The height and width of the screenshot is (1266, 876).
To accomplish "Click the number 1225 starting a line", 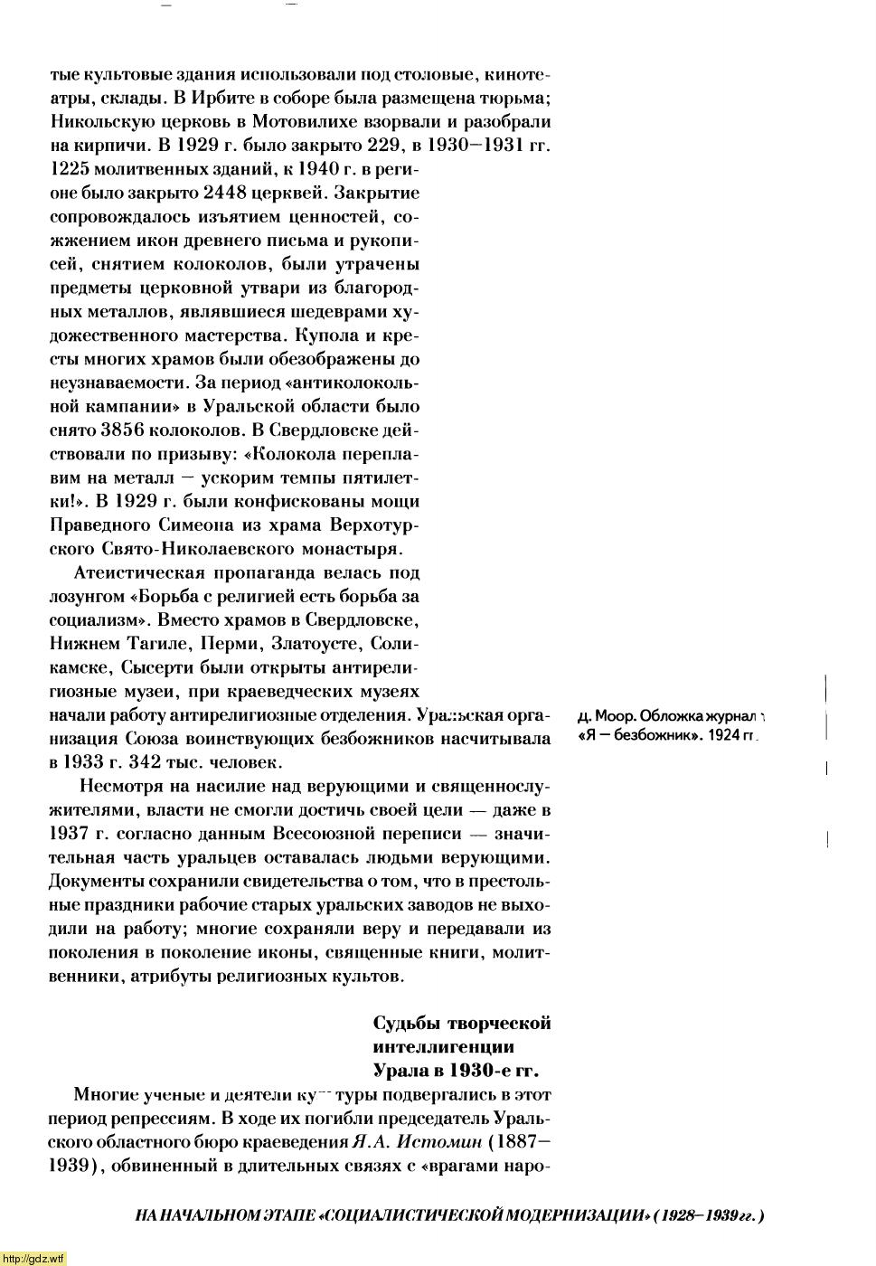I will click(72, 169).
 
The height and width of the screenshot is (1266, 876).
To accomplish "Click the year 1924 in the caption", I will click(725, 735).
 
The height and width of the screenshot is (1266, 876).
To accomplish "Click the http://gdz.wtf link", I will click(33, 1258).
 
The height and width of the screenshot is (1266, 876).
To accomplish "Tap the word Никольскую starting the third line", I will click(97, 121).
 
